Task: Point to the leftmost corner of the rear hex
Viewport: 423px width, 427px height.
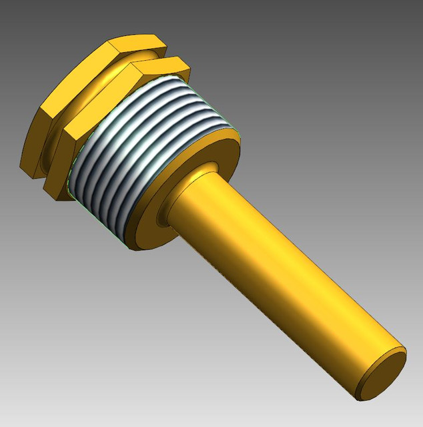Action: point(22,163)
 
